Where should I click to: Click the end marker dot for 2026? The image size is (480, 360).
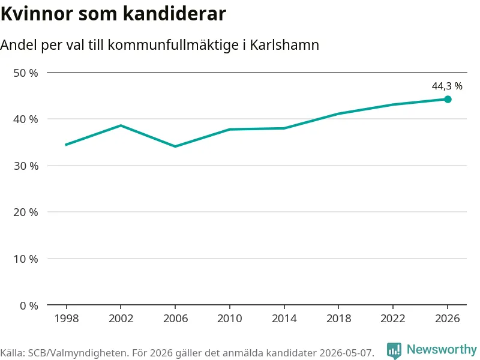[x=448, y=99]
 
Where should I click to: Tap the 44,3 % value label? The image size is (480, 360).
[x=447, y=86]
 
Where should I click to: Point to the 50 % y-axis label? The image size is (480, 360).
[x=26, y=73]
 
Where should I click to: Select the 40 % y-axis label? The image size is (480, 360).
[x=26, y=119]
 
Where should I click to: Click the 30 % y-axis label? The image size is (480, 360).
[x=26, y=166]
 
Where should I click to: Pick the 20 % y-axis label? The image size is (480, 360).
[x=26, y=212]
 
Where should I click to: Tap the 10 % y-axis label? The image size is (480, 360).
[x=26, y=259]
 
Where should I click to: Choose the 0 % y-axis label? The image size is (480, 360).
[x=29, y=305]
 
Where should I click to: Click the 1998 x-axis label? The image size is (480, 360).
[x=67, y=319]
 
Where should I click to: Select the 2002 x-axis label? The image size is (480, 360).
[x=121, y=319]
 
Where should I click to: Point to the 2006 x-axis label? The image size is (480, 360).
[x=175, y=319]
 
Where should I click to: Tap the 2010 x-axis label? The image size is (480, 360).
[x=230, y=319]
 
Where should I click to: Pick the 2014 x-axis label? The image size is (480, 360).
[x=284, y=319]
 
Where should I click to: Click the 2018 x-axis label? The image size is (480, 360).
[x=338, y=319]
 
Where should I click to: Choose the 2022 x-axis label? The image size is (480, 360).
[x=393, y=319]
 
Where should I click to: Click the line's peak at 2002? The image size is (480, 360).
[x=121, y=125]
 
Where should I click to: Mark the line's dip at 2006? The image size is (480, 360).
[x=175, y=146]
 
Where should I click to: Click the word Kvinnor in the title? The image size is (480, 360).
[x=37, y=14]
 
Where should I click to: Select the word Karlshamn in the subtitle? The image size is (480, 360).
[x=284, y=44]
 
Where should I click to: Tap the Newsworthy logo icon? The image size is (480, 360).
[x=394, y=350]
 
